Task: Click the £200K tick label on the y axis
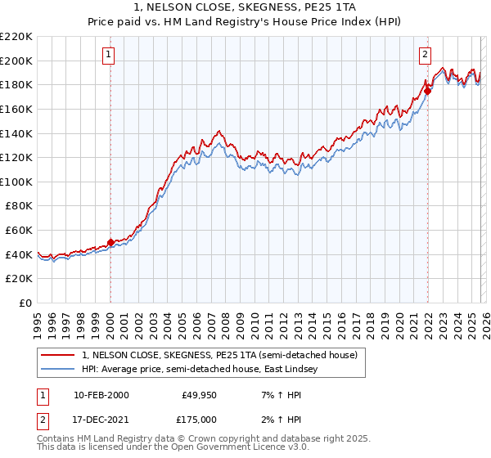pos(17,61)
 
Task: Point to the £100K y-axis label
pos(17,182)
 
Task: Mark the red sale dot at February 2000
pos(110,242)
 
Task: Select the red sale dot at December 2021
pos(427,91)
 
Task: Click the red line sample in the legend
pos(59,356)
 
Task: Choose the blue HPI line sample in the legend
pos(59,370)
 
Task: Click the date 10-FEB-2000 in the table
pos(101,395)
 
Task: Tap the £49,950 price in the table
pos(196,395)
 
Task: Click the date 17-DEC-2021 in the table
pos(101,421)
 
